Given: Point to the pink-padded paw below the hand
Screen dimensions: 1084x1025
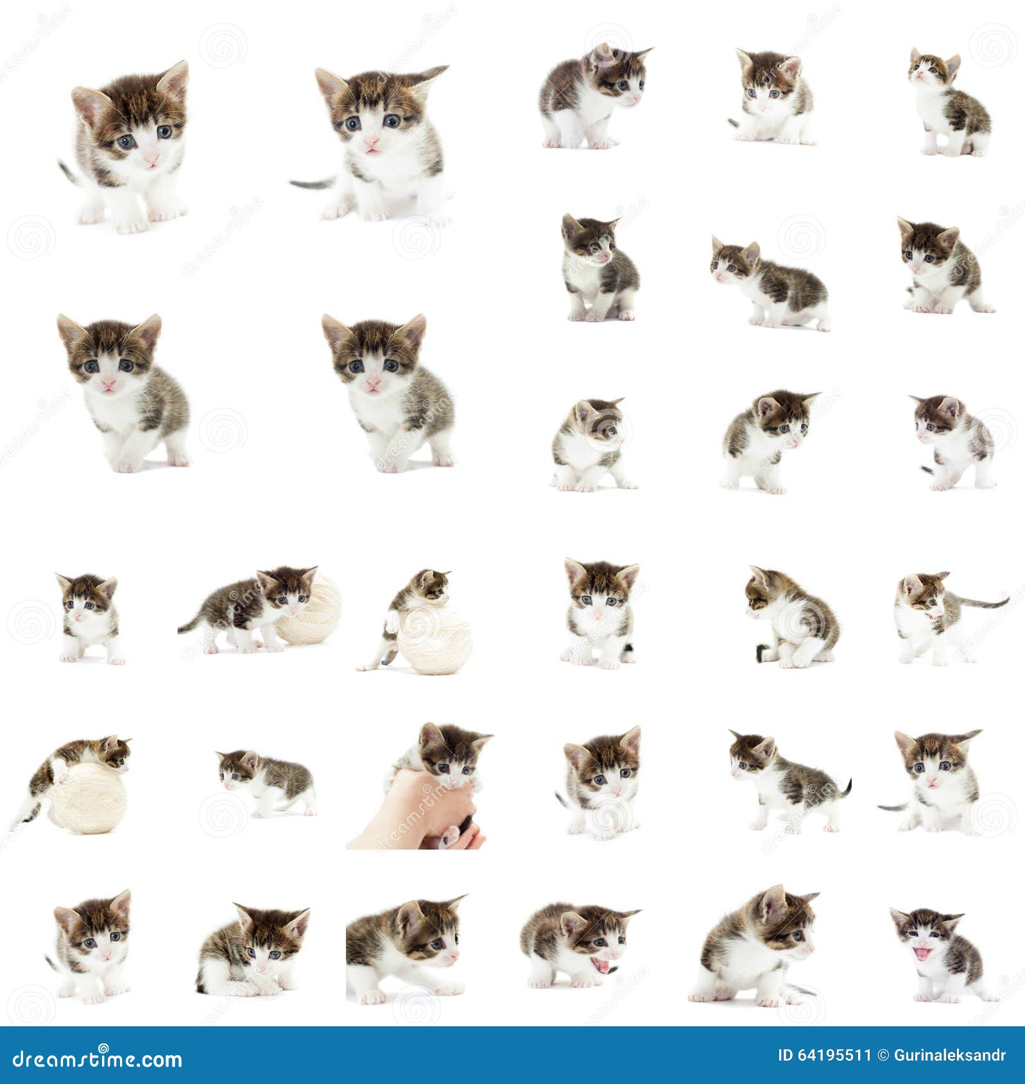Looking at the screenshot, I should point(452,834).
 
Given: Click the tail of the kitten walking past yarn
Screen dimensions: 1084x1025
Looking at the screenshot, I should point(189,625).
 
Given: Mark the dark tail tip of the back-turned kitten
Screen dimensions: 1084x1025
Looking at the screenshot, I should point(759,654).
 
